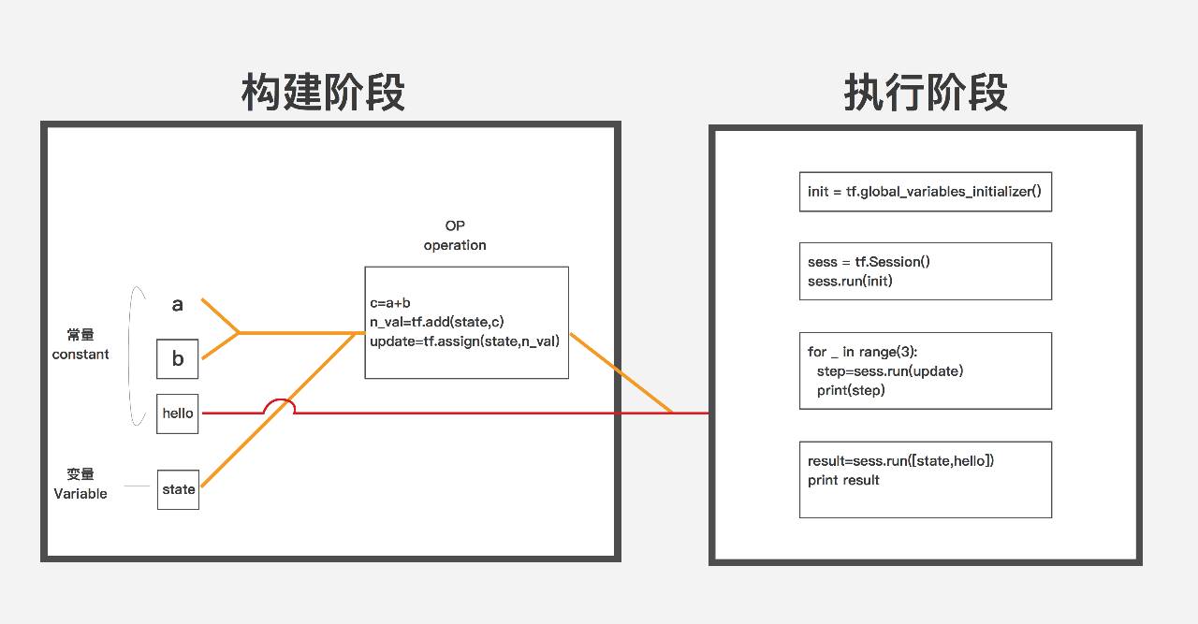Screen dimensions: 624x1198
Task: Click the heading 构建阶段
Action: (323, 94)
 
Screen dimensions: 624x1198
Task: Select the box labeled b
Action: (178, 359)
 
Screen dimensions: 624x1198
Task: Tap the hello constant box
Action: (178, 414)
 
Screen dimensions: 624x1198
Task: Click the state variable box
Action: (178, 489)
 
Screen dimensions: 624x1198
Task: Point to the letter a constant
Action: (178, 305)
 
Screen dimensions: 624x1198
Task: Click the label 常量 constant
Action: (80, 344)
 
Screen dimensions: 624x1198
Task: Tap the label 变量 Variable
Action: (80, 484)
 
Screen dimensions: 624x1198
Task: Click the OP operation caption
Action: (455, 236)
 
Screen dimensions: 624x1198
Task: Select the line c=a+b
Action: (390, 303)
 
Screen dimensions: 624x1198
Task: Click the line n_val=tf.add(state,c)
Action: (437, 322)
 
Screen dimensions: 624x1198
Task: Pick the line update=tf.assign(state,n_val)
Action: (464, 341)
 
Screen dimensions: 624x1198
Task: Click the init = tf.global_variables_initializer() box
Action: (925, 192)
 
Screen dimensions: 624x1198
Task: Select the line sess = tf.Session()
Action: (869, 262)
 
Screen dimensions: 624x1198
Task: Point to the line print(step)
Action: (851, 390)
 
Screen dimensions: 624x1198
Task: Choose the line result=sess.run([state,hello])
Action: (900, 460)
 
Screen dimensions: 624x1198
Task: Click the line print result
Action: (843, 480)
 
